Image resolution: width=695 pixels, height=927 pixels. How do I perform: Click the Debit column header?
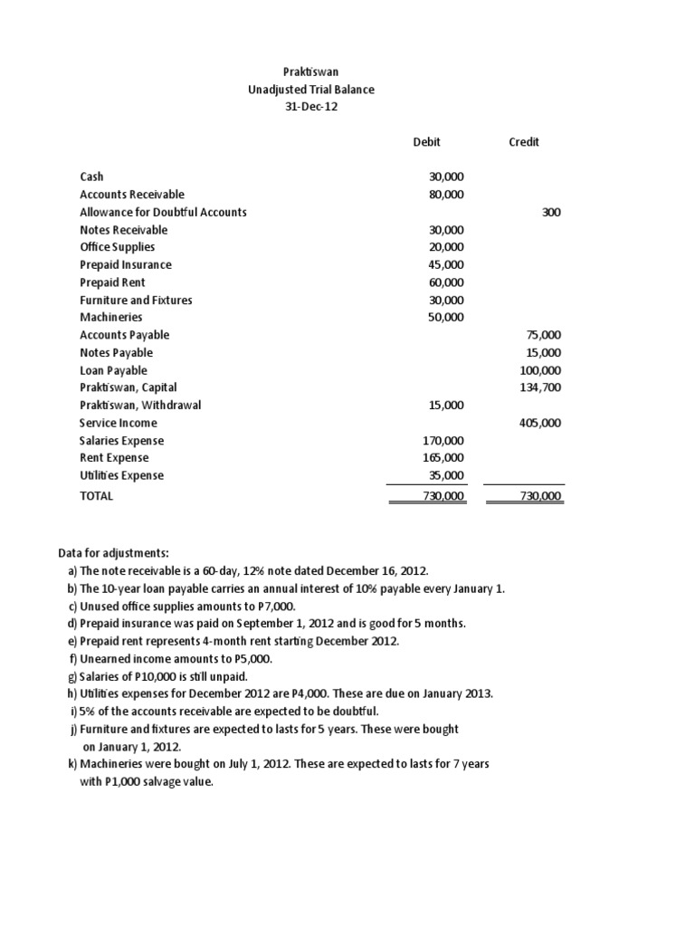click(426, 142)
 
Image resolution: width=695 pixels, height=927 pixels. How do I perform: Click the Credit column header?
click(524, 142)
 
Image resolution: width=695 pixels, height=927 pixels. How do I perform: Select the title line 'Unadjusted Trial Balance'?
click(311, 90)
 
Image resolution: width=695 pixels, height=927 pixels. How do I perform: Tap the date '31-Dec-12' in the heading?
click(311, 107)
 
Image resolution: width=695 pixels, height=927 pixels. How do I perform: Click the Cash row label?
click(92, 177)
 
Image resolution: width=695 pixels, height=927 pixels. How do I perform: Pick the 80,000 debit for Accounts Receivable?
click(445, 195)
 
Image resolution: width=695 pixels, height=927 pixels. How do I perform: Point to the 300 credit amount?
click(551, 212)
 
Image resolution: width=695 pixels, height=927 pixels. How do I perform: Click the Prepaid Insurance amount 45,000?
click(445, 264)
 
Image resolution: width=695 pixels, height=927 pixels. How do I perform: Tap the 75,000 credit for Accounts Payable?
click(543, 335)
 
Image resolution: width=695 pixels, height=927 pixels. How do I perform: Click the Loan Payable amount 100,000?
click(540, 370)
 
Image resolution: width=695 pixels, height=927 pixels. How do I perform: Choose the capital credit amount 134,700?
click(540, 387)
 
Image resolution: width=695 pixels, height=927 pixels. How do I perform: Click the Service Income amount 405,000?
click(540, 423)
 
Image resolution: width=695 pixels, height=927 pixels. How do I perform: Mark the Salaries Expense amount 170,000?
click(443, 441)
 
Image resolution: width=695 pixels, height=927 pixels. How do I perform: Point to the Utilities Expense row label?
click(122, 475)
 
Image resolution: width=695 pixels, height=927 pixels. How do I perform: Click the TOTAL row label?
click(97, 496)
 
